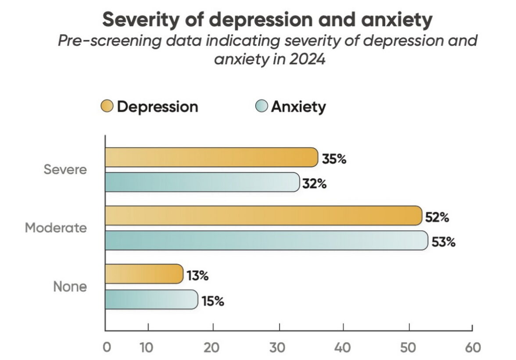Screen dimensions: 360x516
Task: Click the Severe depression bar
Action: click(x=211, y=157)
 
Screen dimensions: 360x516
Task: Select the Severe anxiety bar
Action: click(x=202, y=182)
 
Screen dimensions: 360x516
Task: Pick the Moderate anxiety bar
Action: click(x=265, y=240)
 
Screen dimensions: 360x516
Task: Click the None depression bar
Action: click(x=143, y=274)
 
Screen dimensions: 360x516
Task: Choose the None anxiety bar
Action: click(x=151, y=299)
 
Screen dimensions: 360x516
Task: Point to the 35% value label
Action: click(x=334, y=158)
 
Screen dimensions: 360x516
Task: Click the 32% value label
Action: click(x=315, y=183)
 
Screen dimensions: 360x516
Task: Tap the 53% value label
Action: click(x=443, y=242)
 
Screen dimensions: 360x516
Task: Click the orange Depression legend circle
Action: click(x=107, y=106)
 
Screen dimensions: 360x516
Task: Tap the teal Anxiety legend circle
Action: click(x=262, y=106)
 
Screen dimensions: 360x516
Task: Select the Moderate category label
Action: click(x=56, y=228)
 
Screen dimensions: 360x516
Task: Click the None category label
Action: click(x=70, y=287)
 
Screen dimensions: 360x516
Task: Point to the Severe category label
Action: click(x=65, y=170)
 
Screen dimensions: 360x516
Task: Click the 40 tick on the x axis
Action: click(x=344, y=347)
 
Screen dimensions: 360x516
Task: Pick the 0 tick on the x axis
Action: click(x=106, y=347)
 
